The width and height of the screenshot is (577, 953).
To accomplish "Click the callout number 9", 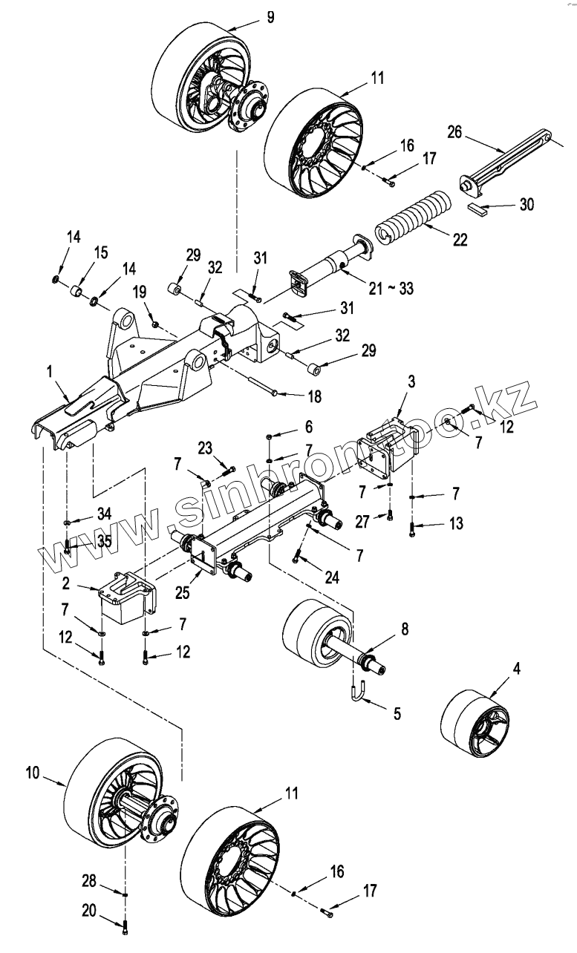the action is coord(270,18).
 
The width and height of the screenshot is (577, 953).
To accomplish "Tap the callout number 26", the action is coord(454,132).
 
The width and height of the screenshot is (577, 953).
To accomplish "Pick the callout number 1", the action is coord(49,371).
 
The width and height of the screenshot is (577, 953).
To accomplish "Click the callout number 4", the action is coord(516,669).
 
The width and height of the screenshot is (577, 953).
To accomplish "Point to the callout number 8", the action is coord(405,629).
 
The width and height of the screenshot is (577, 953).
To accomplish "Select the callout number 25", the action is coord(183,592).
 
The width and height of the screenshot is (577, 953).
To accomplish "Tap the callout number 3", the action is coord(411,381).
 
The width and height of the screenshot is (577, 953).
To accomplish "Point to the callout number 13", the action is coord(456,523).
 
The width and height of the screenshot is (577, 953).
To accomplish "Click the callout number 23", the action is coord(205,448).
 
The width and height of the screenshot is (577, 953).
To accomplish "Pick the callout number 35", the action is coord(104,541).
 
